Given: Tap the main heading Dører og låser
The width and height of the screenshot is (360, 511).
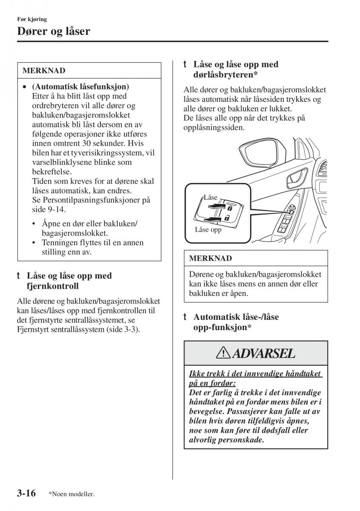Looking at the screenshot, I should [54, 31].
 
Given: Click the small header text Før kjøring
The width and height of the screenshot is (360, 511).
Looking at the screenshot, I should [32, 19].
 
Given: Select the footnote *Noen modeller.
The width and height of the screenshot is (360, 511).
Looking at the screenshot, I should [71, 494].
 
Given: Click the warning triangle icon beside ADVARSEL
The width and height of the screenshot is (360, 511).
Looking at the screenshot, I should [223, 353].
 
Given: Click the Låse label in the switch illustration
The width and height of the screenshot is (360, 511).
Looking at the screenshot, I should [210, 198].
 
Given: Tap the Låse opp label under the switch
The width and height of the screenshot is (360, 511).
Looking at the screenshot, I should [208, 230].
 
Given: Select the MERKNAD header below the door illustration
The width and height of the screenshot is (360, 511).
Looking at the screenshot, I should [210, 258].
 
